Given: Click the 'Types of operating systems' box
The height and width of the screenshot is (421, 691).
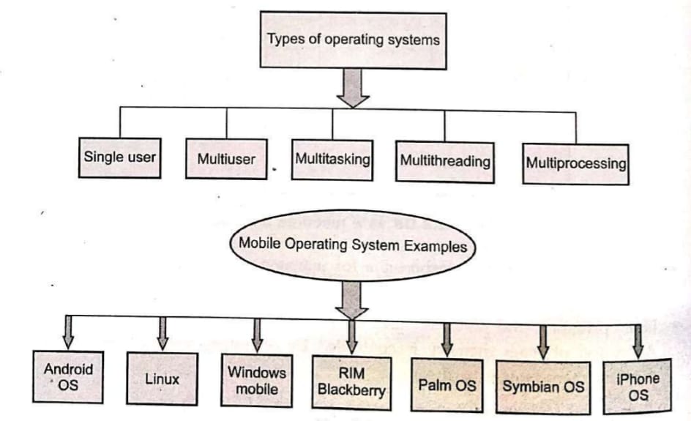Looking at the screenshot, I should (354, 40).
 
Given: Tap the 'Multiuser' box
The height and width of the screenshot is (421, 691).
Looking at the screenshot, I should (226, 158).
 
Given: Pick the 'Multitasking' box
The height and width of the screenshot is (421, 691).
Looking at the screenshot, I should (333, 158).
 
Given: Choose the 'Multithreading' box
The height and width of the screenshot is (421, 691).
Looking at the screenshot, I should (444, 161).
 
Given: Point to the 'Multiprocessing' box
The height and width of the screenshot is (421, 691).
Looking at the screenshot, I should (576, 163).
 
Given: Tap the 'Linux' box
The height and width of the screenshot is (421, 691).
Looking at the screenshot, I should (163, 379).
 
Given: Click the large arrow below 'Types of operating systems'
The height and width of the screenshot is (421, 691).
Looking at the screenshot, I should (354, 87).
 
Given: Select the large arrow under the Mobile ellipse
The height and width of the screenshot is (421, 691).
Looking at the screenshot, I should (352, 299).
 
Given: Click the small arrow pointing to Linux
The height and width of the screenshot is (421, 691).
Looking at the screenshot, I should (163, 332).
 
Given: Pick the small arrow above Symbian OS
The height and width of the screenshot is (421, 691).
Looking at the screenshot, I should (543, 338).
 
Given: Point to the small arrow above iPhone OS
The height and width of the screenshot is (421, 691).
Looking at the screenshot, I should (638, 339).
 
